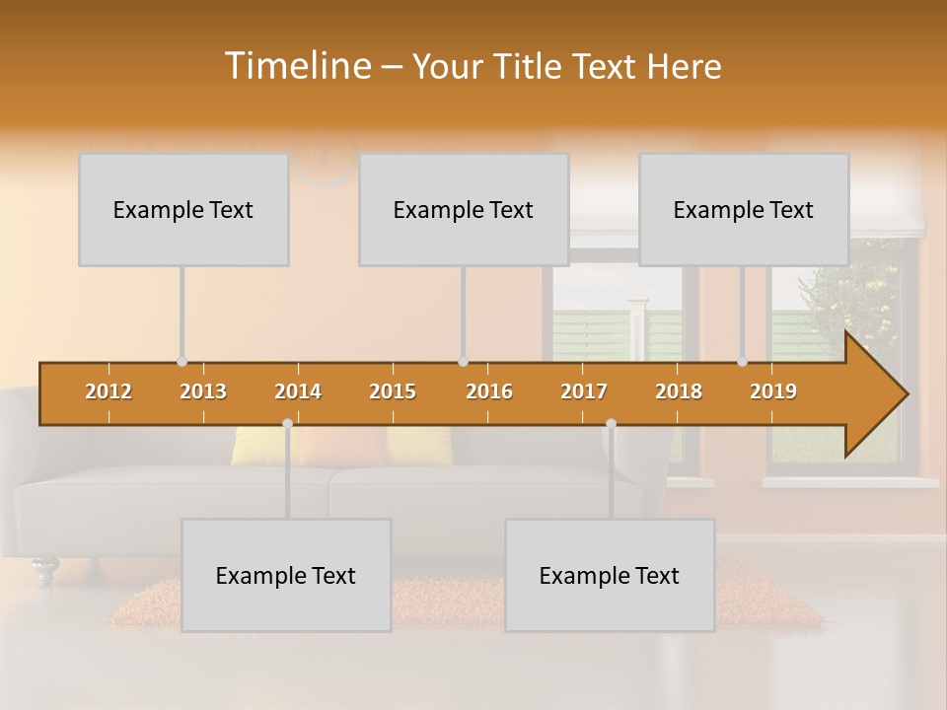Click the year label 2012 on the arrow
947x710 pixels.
(109, 391)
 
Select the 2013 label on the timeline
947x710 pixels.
(203, 391)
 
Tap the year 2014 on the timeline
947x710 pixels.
(298, 391)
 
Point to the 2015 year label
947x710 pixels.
(393, 391)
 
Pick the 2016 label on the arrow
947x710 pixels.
(489, 391)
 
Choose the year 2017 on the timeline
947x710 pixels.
(584, 391)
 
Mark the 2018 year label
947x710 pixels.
(679, 391)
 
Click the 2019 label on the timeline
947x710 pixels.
(773, 391)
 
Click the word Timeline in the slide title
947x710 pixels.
(297, 66)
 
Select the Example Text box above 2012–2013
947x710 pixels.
(183, 209)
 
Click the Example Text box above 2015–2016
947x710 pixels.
(464, 209)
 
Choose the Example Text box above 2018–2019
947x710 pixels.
(744, 209)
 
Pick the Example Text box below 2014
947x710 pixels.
(286, 575)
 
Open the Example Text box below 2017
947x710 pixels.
(610, 575)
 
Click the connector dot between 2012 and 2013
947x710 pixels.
(182, 362)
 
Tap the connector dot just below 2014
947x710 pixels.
(287, 424)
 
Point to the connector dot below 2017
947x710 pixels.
(611, 424)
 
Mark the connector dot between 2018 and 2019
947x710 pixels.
(743, 362)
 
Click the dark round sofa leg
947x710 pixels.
(44, 568)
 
